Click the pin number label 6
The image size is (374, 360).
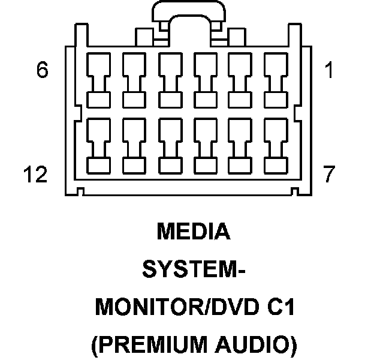click(x=41, y=71)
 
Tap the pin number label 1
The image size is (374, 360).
click(x=328, y=71)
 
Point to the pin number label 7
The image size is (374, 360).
click(x=328, y=175)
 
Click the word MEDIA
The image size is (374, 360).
click(x=193, y=232)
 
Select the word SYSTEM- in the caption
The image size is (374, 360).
click(x=193, y=270)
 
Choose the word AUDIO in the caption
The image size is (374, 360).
click(x=260, y=345)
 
